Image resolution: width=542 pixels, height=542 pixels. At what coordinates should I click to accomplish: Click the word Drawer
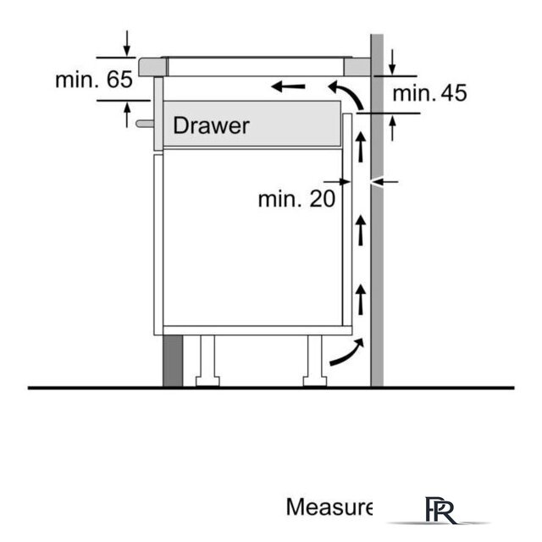click(211, 125)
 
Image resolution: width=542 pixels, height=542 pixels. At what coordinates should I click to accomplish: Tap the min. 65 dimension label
click(94, 80)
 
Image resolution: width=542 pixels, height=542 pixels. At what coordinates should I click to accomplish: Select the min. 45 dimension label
click(429, 93)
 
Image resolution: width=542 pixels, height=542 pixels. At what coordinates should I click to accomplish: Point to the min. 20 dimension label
click(296, 199)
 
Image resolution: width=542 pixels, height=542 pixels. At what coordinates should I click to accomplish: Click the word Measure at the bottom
click(329, 507)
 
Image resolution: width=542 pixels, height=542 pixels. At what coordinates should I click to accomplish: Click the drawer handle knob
click(145, 124)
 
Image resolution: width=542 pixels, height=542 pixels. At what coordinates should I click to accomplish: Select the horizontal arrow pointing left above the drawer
click(288, 86)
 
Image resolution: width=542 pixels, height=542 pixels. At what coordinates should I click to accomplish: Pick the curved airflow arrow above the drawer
click(346, 94)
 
